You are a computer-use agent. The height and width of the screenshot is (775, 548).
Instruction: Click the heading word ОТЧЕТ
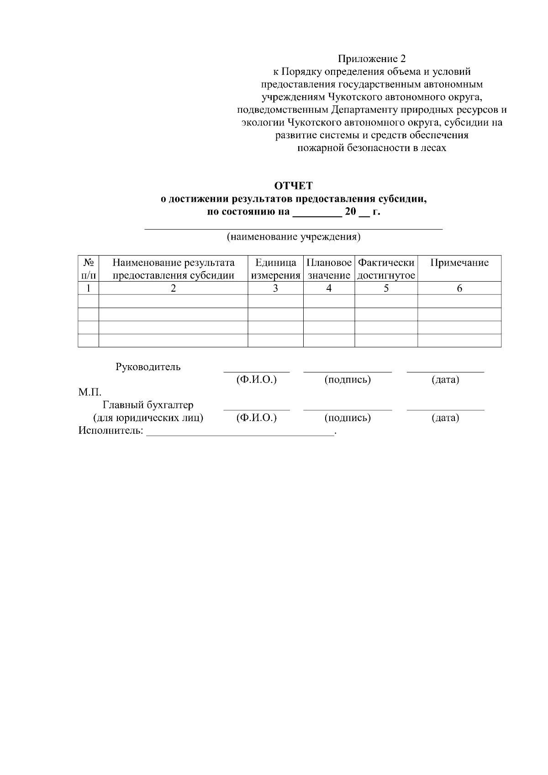click(293, 186)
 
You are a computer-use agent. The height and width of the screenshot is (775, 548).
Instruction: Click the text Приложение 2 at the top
click(371, 59)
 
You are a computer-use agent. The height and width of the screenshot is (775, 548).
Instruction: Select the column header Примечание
click(459, 263)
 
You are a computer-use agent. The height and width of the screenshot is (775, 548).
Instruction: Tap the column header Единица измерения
click(275, 269)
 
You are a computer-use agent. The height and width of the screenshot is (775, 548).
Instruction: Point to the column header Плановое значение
click(329, 269)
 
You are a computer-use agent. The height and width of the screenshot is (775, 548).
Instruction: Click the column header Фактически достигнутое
click(386, 269)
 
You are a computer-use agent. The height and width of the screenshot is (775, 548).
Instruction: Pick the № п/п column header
click(89, 269)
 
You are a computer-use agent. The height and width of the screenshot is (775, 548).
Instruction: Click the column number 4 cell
click(329, 288)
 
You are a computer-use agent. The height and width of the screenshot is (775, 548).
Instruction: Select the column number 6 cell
click(459, 288)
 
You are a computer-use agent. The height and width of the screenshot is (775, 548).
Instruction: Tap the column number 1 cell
click(89, 288)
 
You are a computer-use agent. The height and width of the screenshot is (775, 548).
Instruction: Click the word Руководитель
click(148, 367)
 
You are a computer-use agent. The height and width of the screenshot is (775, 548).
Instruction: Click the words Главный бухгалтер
click(148, 405)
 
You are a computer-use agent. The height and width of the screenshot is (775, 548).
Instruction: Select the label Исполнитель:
click(111, 431)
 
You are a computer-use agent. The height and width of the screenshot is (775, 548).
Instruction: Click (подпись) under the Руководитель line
click(347, 380)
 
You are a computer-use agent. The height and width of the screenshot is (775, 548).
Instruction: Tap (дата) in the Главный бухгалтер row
click(445, 418)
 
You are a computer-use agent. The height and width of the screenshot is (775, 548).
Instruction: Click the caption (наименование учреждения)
click(294, 237)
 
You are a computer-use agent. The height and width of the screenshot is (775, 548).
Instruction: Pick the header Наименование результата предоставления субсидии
click(174, 269)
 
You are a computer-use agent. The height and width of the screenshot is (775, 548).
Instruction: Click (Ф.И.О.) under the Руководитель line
click(256, 380)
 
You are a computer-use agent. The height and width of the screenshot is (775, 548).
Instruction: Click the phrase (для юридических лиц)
click(148, 418)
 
